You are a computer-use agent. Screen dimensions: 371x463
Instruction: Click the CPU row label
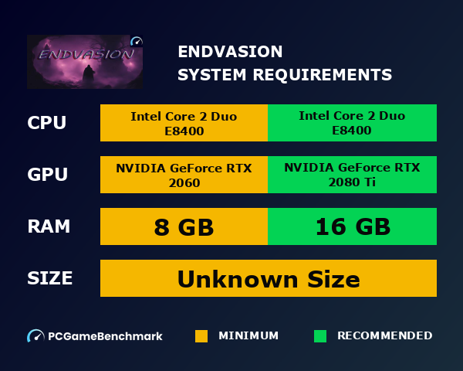[46, 124]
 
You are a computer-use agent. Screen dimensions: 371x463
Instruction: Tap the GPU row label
[47, 175]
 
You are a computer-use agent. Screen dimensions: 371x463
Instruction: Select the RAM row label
[49, 226]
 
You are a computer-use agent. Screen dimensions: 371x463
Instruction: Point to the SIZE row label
[50, 278]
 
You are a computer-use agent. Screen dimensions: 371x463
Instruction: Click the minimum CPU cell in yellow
[184, 124]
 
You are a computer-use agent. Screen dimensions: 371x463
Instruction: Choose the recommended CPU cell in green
[352, 124]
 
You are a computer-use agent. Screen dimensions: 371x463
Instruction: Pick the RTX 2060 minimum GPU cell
[184, 175]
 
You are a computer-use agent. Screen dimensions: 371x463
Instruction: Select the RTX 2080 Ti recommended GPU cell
[352, 175]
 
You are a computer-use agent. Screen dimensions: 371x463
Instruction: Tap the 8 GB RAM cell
[184, 227]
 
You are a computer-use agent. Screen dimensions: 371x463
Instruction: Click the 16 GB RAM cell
[352, 227]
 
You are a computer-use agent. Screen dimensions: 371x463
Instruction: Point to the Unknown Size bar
[269, 278]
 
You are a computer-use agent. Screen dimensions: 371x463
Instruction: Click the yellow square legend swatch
[201, 336]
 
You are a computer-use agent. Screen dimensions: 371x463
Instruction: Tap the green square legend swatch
[320, 336]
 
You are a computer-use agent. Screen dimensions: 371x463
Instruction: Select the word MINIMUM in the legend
[248, 336]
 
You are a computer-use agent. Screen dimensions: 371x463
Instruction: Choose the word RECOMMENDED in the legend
[384, 336]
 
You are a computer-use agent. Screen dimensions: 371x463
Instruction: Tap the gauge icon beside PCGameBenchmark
[35, 336]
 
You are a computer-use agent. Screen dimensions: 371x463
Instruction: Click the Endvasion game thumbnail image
[85, 62]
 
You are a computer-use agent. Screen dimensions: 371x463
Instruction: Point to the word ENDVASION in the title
[230, 52]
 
